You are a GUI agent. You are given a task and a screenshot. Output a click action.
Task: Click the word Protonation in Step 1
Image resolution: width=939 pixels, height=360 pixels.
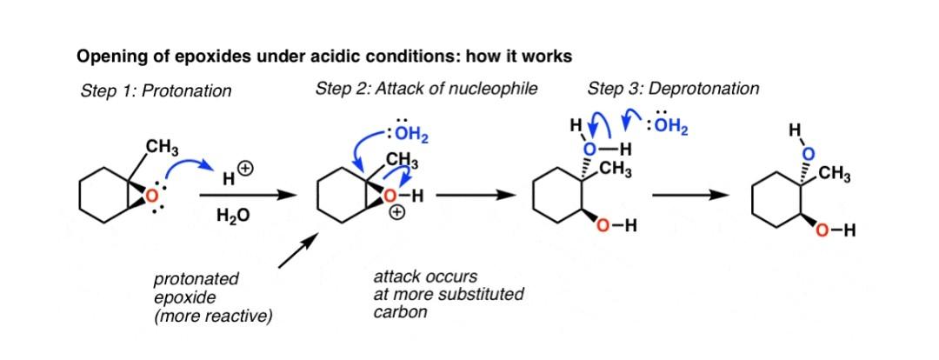pyautogui.click(x=190, y=90)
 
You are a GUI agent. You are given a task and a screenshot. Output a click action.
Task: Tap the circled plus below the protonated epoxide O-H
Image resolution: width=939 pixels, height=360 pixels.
pyautogui.click(x=397, y=216)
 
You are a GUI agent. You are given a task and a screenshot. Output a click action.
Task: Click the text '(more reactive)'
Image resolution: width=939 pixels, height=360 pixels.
pyautogui.click(x=213, y=316)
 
